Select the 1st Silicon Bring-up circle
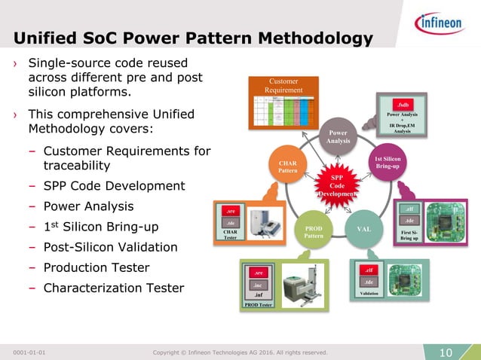388,161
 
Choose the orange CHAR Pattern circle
288,166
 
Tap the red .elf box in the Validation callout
369,270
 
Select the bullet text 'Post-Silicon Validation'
110,247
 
